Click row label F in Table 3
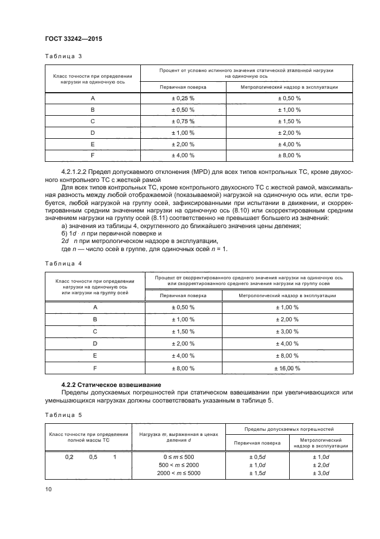point(93,155)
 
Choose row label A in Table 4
point(95,308)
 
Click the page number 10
point(48,489)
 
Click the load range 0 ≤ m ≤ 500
point(179,457)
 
